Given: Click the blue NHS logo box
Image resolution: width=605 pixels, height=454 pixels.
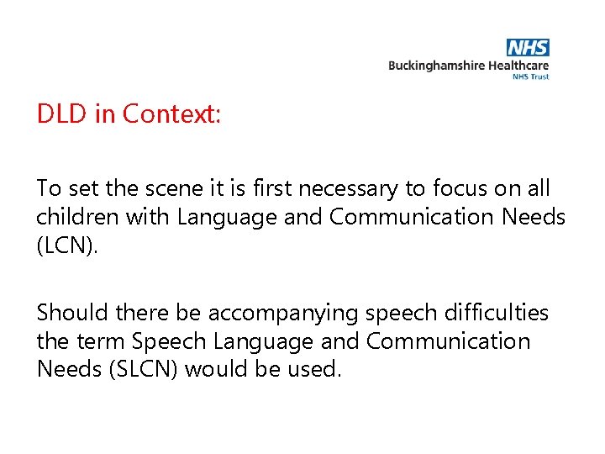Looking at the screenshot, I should [x=529, y=48].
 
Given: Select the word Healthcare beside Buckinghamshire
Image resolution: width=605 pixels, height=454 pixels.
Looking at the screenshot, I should [x=517, y=66].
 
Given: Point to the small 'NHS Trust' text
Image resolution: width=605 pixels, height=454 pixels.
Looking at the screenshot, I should [x=531, y=77].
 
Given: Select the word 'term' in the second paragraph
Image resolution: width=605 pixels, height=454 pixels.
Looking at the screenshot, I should [x=103, y=341].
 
